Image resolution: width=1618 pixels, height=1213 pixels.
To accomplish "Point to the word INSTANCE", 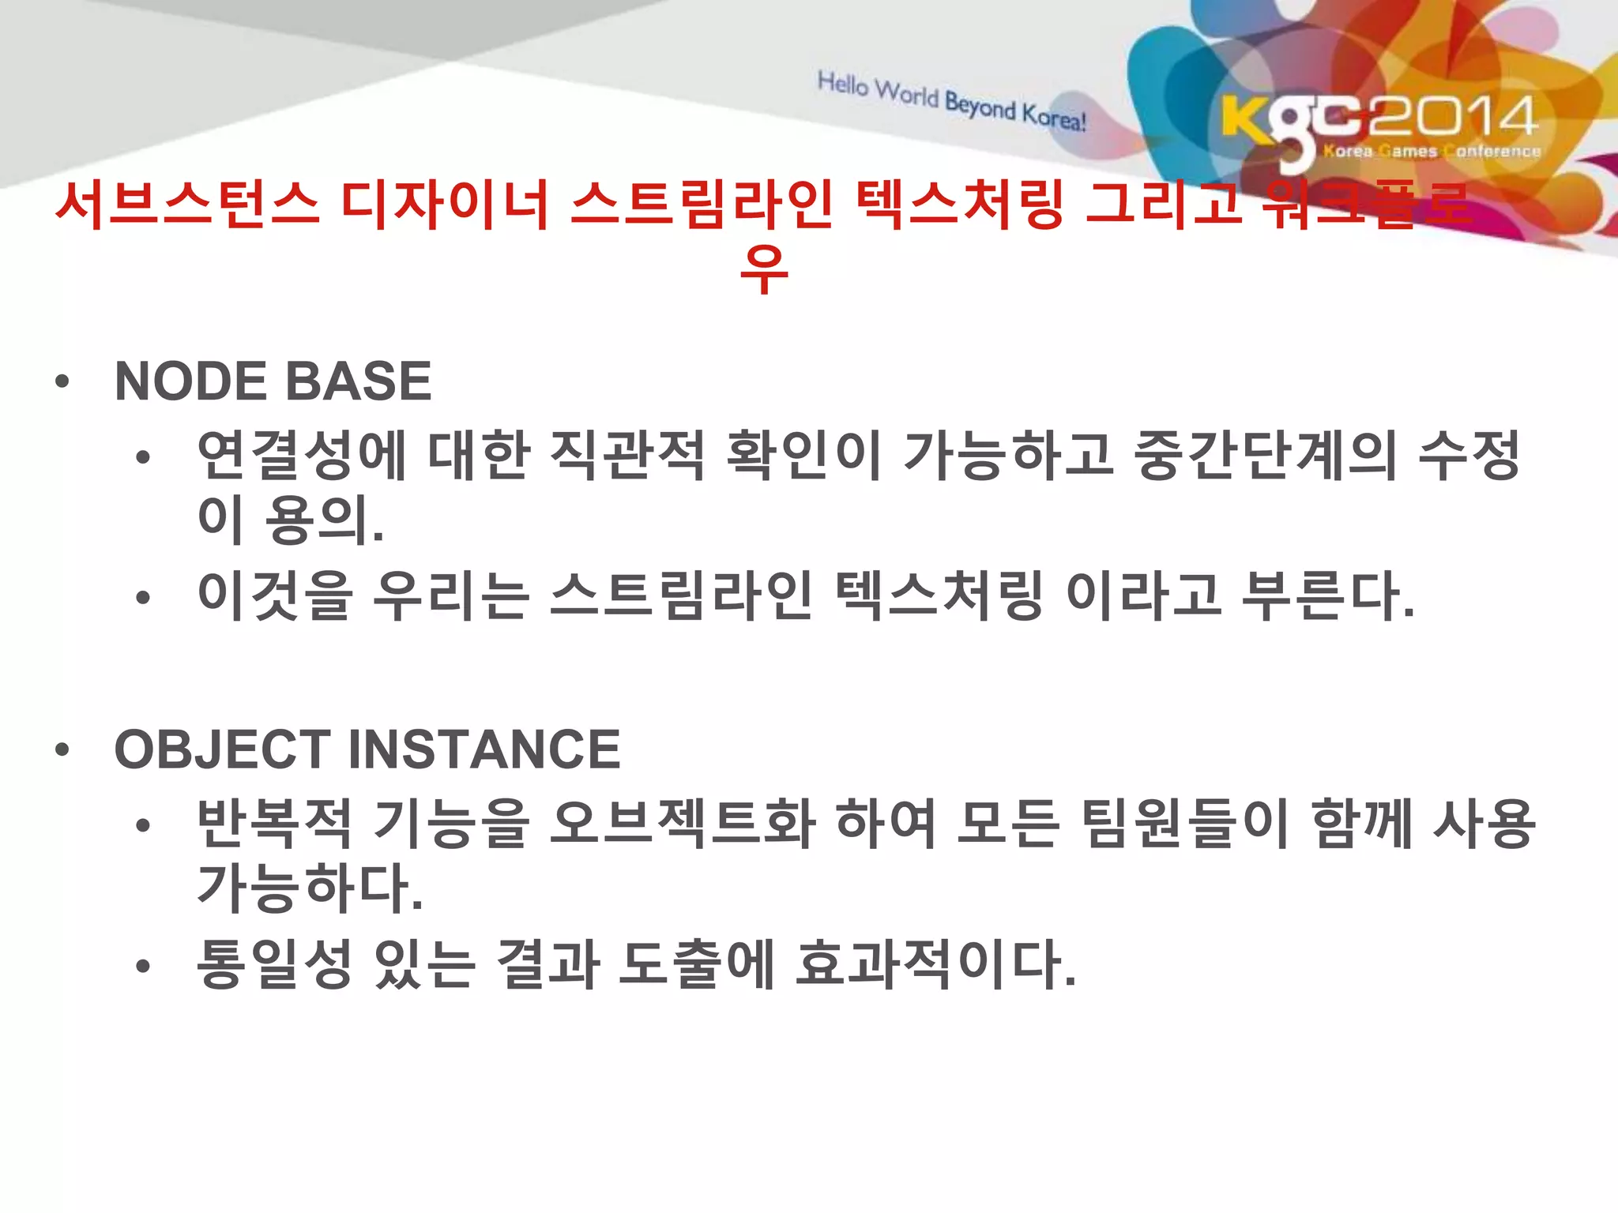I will tap(484, 749).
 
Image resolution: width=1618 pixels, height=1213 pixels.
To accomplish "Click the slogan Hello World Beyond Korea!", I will tap(951, 101).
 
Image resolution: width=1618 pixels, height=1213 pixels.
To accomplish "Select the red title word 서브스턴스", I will tap(188, 205).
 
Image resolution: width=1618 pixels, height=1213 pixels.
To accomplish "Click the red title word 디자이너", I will tap(445, 205).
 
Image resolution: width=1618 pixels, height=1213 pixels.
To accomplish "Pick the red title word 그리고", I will tap(1163, 205).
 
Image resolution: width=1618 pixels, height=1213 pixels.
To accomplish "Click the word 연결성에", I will tap(302, 456).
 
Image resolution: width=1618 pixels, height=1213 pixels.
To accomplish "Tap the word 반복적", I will tap(274, 824).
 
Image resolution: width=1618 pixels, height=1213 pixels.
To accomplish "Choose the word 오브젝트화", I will tap(682, 824).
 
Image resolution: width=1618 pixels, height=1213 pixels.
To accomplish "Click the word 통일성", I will tap(274, 964).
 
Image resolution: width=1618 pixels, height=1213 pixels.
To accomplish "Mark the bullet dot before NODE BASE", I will tap(62, 384).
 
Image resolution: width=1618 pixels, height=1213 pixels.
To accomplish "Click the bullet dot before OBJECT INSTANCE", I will tap(62, 751).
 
